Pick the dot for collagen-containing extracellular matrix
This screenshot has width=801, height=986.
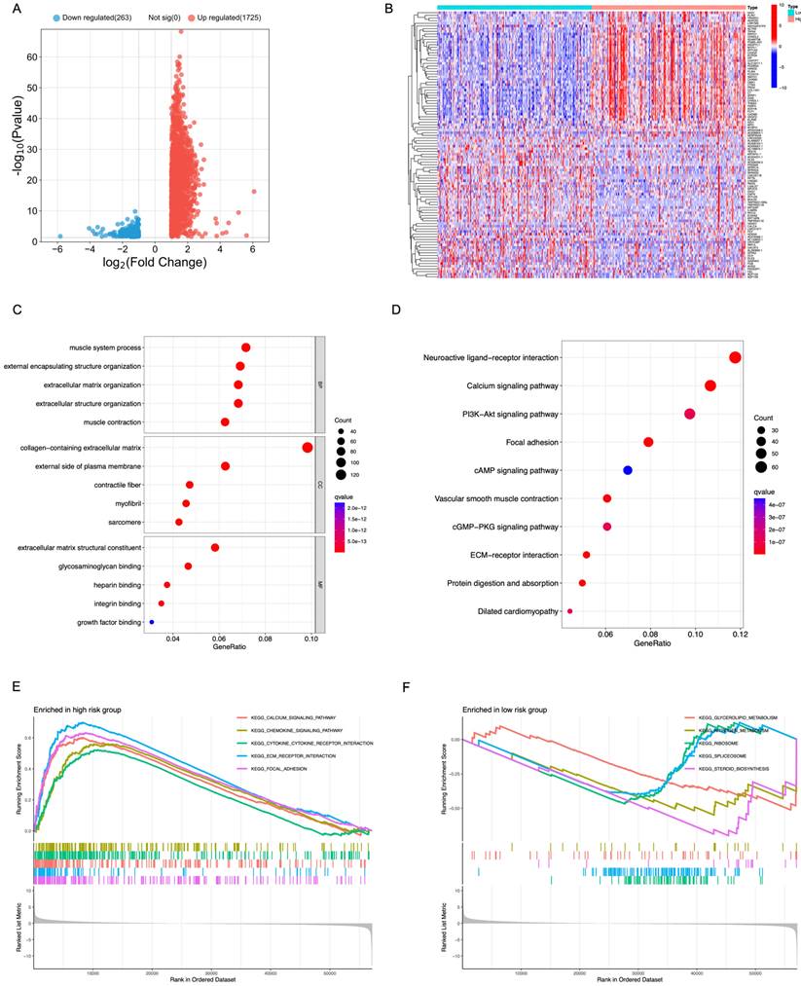pyautogui.click(x=308, y=448)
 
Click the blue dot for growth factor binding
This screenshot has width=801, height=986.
pyautogui.click(x=151, y=622)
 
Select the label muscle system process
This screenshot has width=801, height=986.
pyautogui.click(x=105, y=347)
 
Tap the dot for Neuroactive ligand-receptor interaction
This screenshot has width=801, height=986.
pyautogui.click(x=735, y=358)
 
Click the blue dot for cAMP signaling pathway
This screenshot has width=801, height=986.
pyautogui.click(x=628, y=470)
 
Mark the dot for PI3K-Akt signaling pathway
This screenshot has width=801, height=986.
pyautogui.click(x=690, y=415)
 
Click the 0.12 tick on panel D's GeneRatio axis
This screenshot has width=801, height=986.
pyautogui.click(x=740, y=634)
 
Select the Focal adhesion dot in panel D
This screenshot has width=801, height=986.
pyautogui.click(x=648, y=443)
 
